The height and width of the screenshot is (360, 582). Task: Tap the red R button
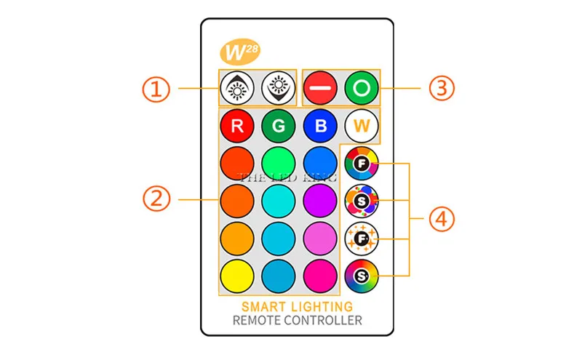(236, 126)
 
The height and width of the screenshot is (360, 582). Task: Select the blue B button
(321, 126)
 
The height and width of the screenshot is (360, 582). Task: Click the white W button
(362, 126)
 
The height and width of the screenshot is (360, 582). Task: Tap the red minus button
(319, 88)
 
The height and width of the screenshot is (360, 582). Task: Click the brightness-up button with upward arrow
(236, 88)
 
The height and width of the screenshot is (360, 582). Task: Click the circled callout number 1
(155, 89)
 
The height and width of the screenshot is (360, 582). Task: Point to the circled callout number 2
(155, 198)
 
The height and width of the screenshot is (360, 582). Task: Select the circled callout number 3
(441, 88)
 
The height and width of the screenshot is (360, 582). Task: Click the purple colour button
(321, 198)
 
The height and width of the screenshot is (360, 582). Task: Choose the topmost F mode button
(362, 163)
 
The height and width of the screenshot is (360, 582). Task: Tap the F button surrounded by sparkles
(362, 238)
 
